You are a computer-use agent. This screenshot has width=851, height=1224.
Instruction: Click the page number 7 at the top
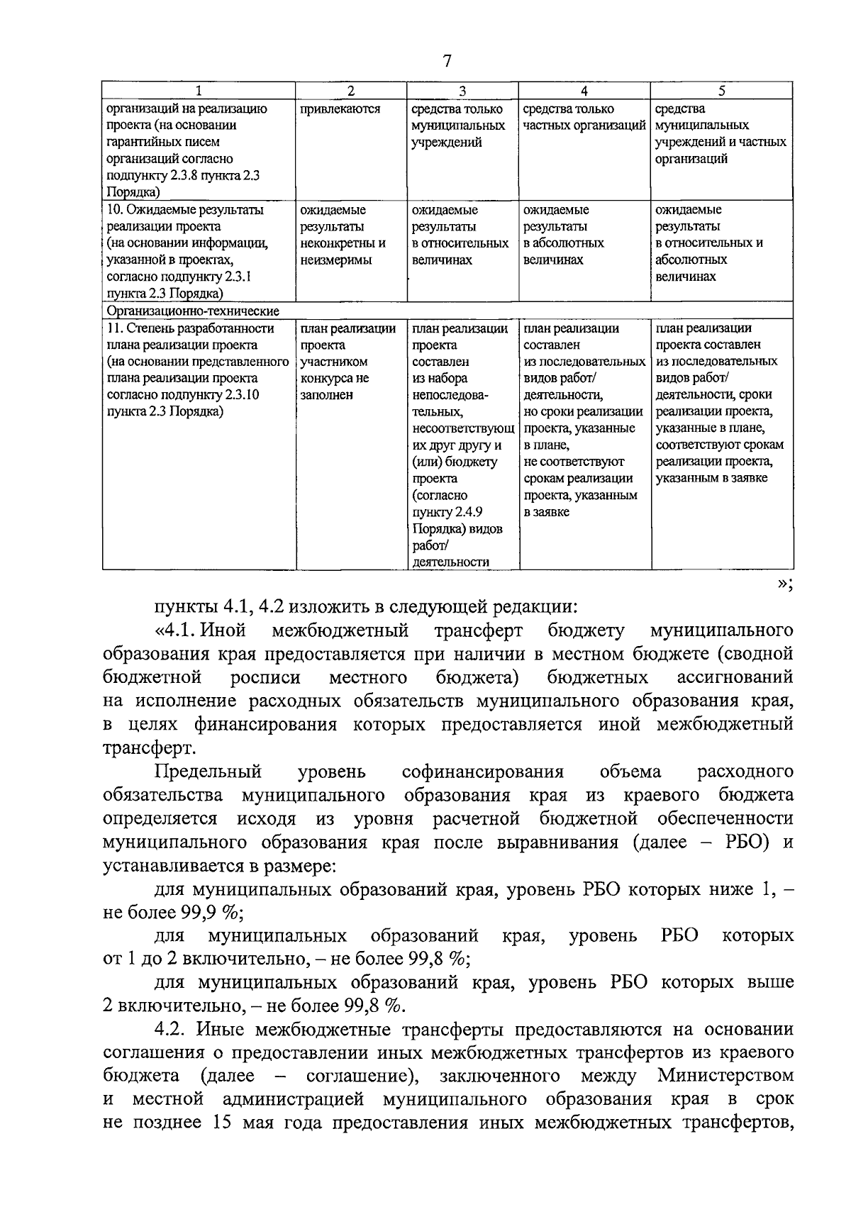(x=447, y=61)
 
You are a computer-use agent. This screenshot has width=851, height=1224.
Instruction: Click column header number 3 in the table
(x=462, y=91)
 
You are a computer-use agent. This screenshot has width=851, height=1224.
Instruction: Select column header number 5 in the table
(x=722, y=91)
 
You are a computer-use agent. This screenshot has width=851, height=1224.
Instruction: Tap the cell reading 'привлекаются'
(x=340, y=109)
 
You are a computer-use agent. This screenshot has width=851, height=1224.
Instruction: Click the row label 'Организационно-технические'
(x=193, y=311)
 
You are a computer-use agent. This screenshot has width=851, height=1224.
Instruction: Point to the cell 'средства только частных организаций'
(x=584, y=118)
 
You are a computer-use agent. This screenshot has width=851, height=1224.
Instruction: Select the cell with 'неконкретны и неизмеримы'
(x=343, y=252)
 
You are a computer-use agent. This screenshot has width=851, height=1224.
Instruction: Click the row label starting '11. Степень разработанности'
(x=190, y=329)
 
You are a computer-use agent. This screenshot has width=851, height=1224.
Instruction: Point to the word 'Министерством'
(x=725, y=1076)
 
